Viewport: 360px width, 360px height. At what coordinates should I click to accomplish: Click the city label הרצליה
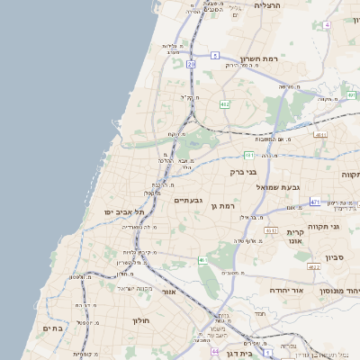click(x=268, y=5)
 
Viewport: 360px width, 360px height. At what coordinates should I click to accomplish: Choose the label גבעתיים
click(x=187, y=200)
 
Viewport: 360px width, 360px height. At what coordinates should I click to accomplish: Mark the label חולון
click(x=139, y=320)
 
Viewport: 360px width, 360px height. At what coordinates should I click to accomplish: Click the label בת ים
click(x=51, y=329)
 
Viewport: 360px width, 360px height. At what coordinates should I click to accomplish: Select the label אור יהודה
click(x=286, y=291)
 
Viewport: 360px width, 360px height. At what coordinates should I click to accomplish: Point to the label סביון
click(x=336, y=256)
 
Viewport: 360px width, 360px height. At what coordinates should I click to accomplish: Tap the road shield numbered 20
click(x=191, y=64)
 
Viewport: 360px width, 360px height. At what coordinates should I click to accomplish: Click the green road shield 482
click(x=224, y=104)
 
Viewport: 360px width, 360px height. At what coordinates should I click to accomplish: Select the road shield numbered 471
click(x=315, y=202)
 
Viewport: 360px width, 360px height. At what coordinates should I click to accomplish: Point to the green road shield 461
click(x=203, y=261)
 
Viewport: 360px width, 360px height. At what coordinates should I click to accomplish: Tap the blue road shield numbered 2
click(x=215, y=55)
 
